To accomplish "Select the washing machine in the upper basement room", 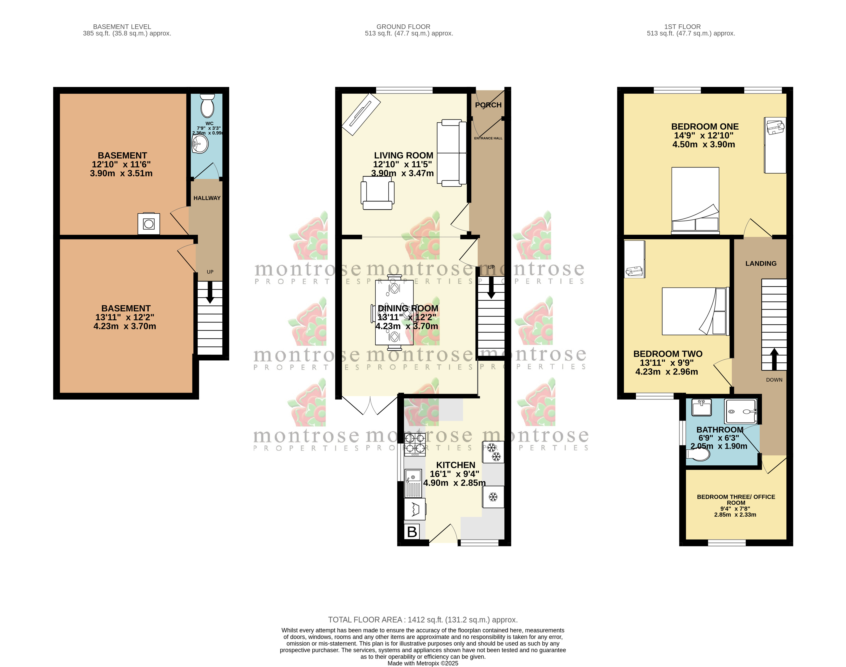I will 149,224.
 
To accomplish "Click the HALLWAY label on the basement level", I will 207,198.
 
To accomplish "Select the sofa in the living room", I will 452,154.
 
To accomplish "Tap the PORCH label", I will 488,105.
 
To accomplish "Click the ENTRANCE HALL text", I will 488,138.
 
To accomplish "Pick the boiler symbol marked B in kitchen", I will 412,532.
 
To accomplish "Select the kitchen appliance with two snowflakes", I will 493,452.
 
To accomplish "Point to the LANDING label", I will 761,264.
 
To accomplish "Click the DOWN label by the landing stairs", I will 774,379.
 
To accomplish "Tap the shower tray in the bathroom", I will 740,411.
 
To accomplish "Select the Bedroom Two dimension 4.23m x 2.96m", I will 667,372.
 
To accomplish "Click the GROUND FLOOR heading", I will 403,27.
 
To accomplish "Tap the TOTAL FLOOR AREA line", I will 423,620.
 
